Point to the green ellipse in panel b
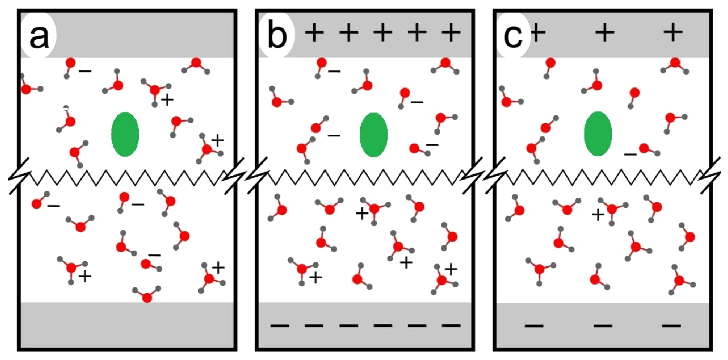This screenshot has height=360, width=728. click(x=373, y=134)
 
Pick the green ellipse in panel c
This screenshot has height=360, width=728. click(x=598, y=134)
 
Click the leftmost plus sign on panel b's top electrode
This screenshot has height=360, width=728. click(x=314, y=33)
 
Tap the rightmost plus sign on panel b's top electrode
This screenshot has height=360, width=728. click(x=451, y=33)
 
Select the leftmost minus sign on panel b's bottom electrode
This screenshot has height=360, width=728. click(x=280, y=325)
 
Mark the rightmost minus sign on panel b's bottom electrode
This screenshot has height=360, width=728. click(x=451, y=325)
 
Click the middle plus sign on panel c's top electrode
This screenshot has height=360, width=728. click(x=605, y=33)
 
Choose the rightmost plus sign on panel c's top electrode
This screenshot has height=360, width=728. click(x=673, y=33)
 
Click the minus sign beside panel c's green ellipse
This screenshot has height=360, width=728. click(x=630, y=154)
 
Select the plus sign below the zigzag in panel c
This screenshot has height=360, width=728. click(x=598, y=215)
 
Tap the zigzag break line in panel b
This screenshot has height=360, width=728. click(x=365, y=178)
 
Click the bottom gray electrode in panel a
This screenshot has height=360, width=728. click(x=127, y=325)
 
